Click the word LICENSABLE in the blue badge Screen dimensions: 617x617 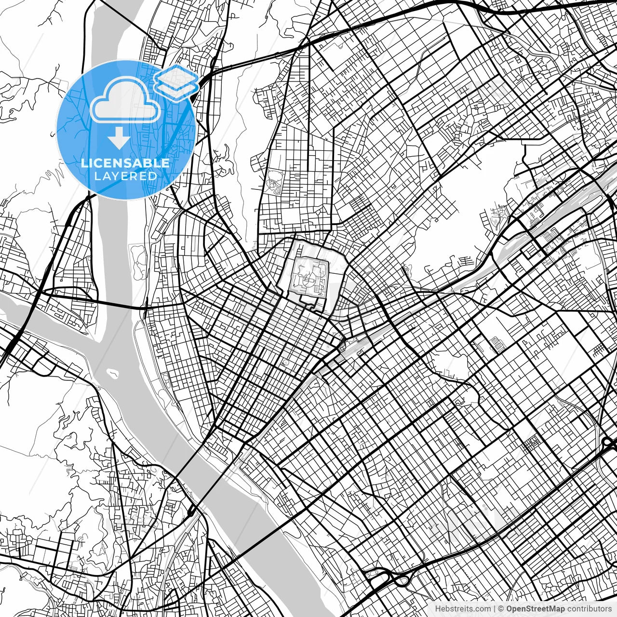pyautogui.click(x=125, y=163)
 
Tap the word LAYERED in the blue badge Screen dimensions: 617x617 pyautogui.click(x=125, y=176)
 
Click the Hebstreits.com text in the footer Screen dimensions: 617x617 pyautogui.click(x=463, y=609)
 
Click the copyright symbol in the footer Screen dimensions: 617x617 pyautogui.click(x=501, y=609)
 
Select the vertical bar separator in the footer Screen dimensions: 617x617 pyautogui.click(x=495, y=609)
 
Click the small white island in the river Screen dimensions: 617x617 pyautogui.click(x=114, y=372)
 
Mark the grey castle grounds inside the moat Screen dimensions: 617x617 pyautogui.click(x=308, y=277)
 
